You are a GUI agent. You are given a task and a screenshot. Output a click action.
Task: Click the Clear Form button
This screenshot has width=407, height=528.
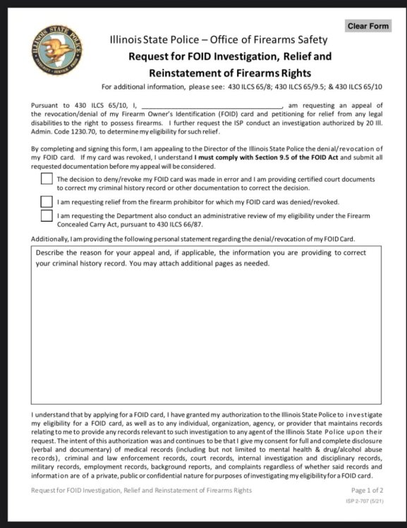coord(367,26)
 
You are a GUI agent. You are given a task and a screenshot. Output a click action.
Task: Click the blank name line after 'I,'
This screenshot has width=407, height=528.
coord(212,105)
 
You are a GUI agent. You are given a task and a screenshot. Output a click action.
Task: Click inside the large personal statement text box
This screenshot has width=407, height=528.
coord(206,331)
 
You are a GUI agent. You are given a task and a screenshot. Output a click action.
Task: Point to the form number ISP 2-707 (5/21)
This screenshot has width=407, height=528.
coord(366,501)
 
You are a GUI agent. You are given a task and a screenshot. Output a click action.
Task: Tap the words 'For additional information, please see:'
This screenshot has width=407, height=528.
coord(158,87)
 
